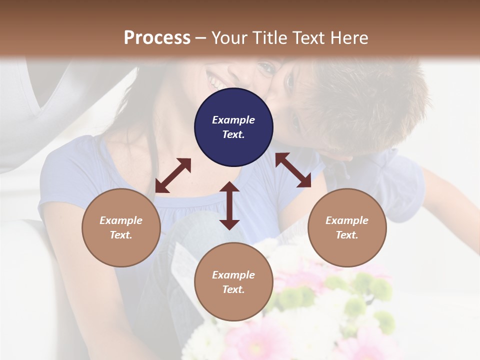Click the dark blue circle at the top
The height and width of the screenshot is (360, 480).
coord(233,127)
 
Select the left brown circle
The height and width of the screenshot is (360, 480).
coord(121,227)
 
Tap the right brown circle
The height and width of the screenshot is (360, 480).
coord(347,227)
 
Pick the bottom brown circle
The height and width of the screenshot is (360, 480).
coord(233,282)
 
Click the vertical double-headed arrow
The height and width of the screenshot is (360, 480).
coord(229,205)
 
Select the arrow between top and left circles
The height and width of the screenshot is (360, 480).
coord(173,175)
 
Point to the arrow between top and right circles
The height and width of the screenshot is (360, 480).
coord(293,170)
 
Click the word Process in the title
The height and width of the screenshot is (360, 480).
coord(157,37)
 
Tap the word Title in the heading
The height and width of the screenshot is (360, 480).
coord(268,37)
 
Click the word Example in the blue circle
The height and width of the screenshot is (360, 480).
coord(233,120)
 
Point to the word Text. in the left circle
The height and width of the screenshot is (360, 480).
coord(121,235)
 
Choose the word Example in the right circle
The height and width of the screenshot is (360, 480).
coord(347,220)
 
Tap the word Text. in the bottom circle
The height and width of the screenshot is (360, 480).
coord(233,289)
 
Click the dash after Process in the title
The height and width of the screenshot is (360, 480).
coord(201,38)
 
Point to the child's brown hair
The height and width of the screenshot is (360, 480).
coord(360,100)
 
